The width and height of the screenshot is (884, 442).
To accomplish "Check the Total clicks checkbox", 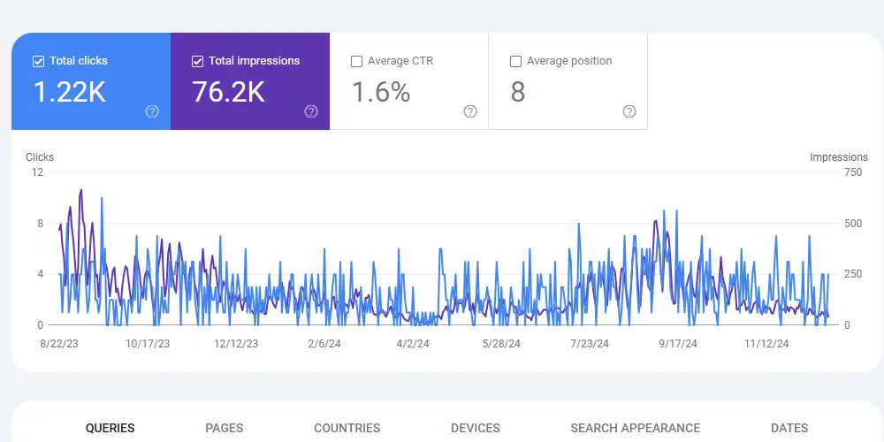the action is (x=38, y=62).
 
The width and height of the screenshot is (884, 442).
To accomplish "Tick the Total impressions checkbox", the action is (x=197, y=62).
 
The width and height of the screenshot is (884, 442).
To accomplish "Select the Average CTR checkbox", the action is (x=356, y=62).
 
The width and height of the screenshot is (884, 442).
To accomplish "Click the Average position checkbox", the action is (x=515, y=62).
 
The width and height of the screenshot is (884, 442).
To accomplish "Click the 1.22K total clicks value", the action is (x=70, y=92).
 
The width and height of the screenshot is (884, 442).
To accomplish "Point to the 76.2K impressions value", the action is (x=228, y=92).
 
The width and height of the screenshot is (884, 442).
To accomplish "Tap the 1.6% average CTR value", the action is (x=381, y=92).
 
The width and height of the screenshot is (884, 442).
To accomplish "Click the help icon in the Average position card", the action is (x=629, y=111).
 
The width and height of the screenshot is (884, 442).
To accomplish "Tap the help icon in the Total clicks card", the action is (x=152, y=111).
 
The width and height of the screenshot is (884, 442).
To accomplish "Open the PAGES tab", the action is (x=225, y=429).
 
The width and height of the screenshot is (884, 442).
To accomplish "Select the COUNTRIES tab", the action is (x=347, y=429).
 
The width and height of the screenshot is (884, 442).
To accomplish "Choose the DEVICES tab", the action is (x=476, y=429).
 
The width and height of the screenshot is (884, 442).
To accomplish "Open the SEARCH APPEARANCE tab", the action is (x=636, y=429).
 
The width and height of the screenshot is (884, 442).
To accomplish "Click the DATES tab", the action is (x=789, y=429).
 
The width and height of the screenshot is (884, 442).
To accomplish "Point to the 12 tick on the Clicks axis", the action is (x=37, y=172).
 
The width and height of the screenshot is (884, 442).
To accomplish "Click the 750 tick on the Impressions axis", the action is (x=853, y=172).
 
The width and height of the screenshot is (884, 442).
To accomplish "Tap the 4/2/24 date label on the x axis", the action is (x=413, y=344).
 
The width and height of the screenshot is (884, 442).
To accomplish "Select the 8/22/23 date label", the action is (x=60, y=344).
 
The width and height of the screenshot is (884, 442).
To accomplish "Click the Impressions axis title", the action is (x=839, y=157).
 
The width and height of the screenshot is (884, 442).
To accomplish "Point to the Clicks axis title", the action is (x=40, y=157).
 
